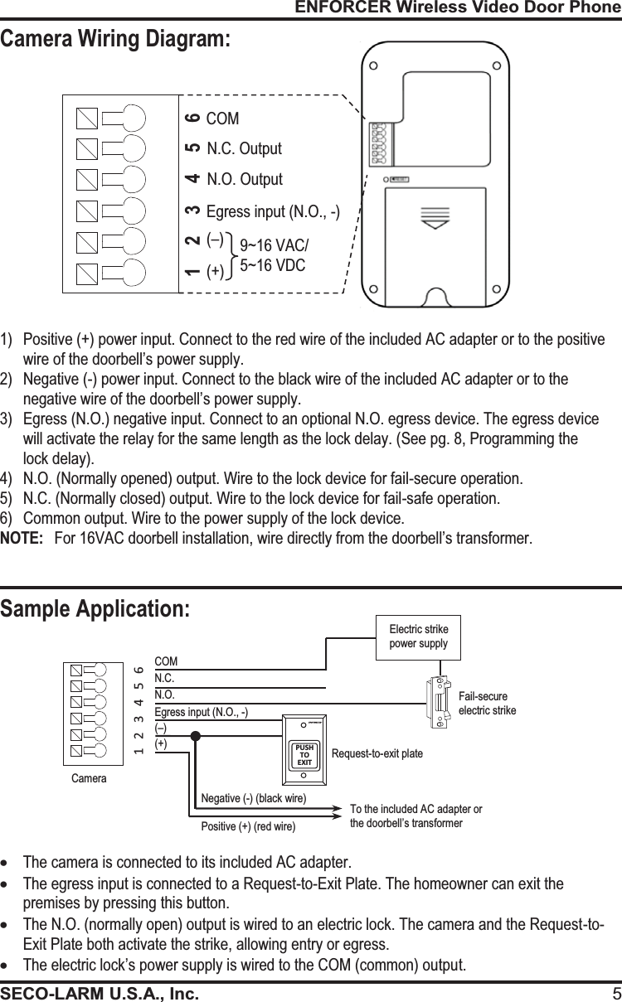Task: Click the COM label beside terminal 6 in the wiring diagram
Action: pyautogui.click(x=222, y=119)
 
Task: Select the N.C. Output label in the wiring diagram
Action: pyautogui.click(x=244, y=149)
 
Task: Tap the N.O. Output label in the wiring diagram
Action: pyautogui.click(x=244, y=179)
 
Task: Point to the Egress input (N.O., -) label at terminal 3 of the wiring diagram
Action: pyautogui.click(x=273, y=211)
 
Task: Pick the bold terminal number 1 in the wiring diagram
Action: pyautogui.click(x=192, y=272)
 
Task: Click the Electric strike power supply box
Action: pyautogui.click(x=418, y=637)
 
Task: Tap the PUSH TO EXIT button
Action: pyautogui.click(x=304, y=755)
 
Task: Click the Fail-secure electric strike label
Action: pyautogui.click(x=487, y=704)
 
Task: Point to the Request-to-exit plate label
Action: pyautogui.click(x=377, y=754)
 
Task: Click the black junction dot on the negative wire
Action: pyautogui.click(x=195, y=736)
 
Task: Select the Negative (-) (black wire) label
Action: pyautogui.click(x=254, y=798)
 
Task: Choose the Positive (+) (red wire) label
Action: pyautogui.click(x=248, y=826)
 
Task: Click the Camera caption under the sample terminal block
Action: pyautogui.click(x=89, y=778)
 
